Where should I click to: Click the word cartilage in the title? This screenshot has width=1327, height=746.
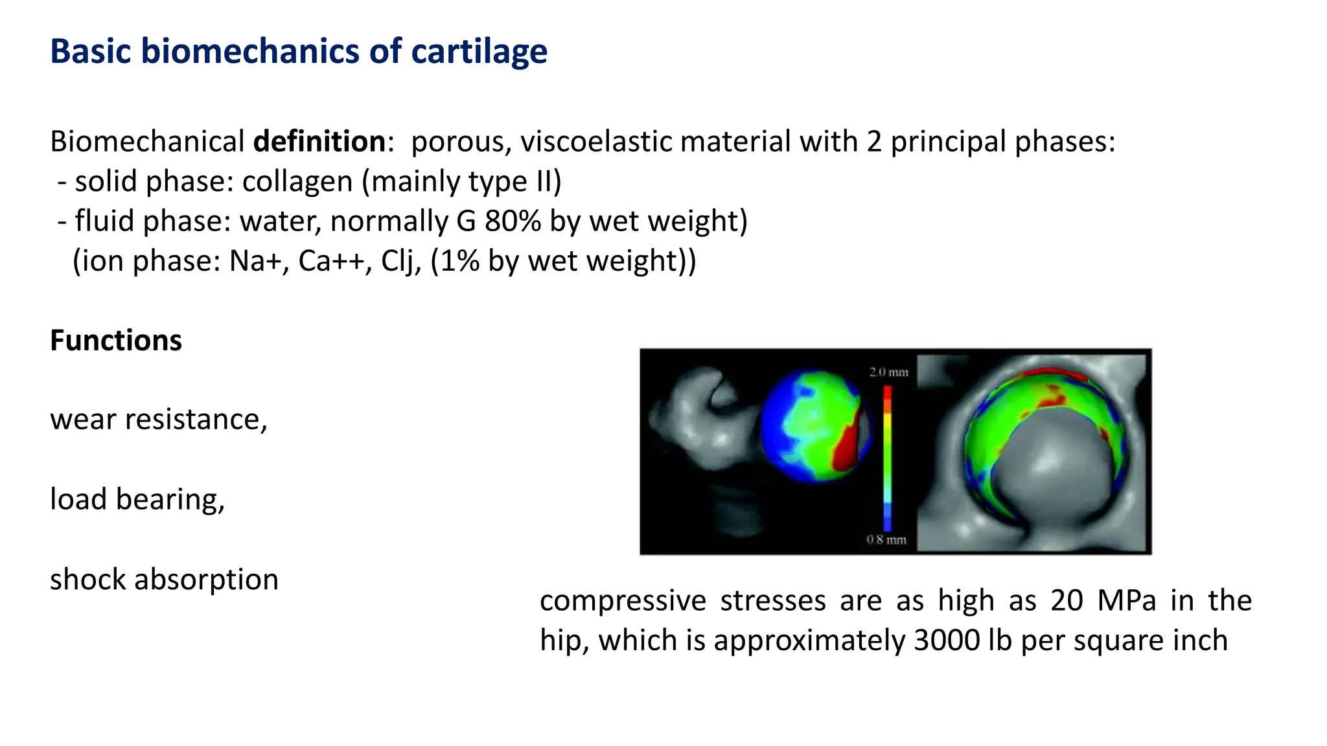[x=479, y=51]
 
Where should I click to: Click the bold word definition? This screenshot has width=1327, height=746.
[x=319, y=141]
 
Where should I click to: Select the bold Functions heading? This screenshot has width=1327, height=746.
[x=116, y=341]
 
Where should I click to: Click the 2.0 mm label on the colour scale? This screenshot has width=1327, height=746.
[x=889, y=372]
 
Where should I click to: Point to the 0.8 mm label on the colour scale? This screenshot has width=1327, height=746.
[x=886, y=539]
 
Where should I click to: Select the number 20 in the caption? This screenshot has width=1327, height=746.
[x=1067, y=600]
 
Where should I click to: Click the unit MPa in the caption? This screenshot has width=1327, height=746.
[x=1127, y=600]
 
